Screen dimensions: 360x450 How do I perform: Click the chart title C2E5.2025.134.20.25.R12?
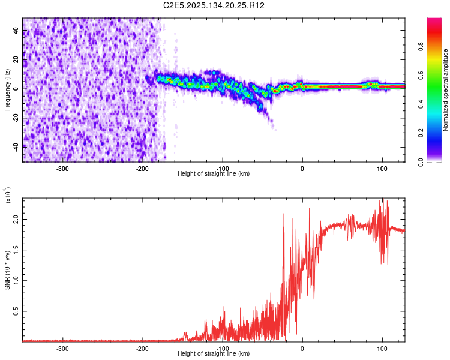[x=214, y=5]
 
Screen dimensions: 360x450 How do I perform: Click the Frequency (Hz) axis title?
[x=7, y=89]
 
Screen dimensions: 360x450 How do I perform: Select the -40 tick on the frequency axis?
[x=16, y=146]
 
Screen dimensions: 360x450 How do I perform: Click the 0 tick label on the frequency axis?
[x=16, y=88]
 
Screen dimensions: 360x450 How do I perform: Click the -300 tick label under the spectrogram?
[x=63, y=169]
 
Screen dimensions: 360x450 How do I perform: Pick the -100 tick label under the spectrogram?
[x=222, y=169]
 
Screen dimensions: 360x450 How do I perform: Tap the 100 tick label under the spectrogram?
[x=382, y=169]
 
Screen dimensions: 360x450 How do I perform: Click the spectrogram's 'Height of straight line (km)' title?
[x=214, y=174]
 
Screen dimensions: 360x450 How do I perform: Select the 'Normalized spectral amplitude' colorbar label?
[x=446, y=90]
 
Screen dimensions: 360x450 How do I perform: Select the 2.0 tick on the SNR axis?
[x=16, y=220]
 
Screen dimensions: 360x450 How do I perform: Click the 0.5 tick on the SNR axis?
[x=16, y=311]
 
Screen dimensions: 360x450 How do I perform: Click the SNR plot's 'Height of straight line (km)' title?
[x=214, y=354]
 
